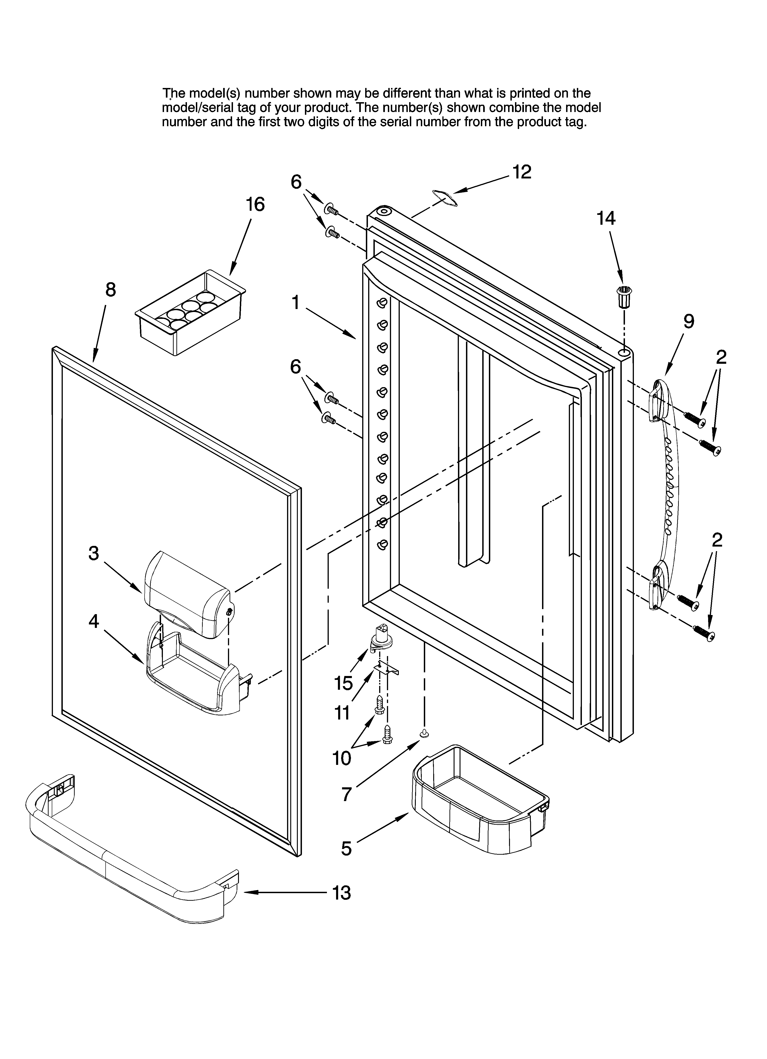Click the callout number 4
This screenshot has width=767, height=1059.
94,621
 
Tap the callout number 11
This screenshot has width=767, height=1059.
342,713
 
